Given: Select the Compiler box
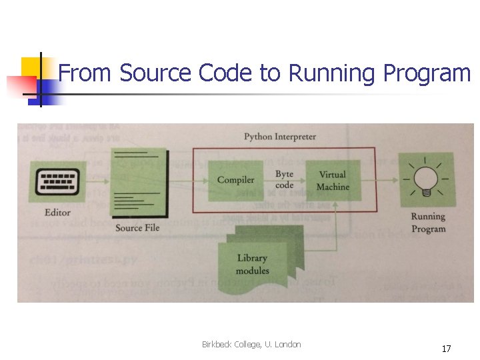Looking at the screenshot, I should coord(236,180).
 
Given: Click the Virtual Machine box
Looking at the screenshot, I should coord(333,181).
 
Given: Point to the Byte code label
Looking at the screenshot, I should coord(285,180).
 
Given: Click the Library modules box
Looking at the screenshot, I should coord(253,263).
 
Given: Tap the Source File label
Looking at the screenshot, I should coord(137,228).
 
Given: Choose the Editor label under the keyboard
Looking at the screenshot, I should coord(57,213).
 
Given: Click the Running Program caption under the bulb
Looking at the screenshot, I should coord(428,223).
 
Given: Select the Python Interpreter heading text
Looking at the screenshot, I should coord(280,137).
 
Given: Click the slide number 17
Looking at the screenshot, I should coord(446,349).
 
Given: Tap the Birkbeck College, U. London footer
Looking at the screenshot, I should coord(251,345).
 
